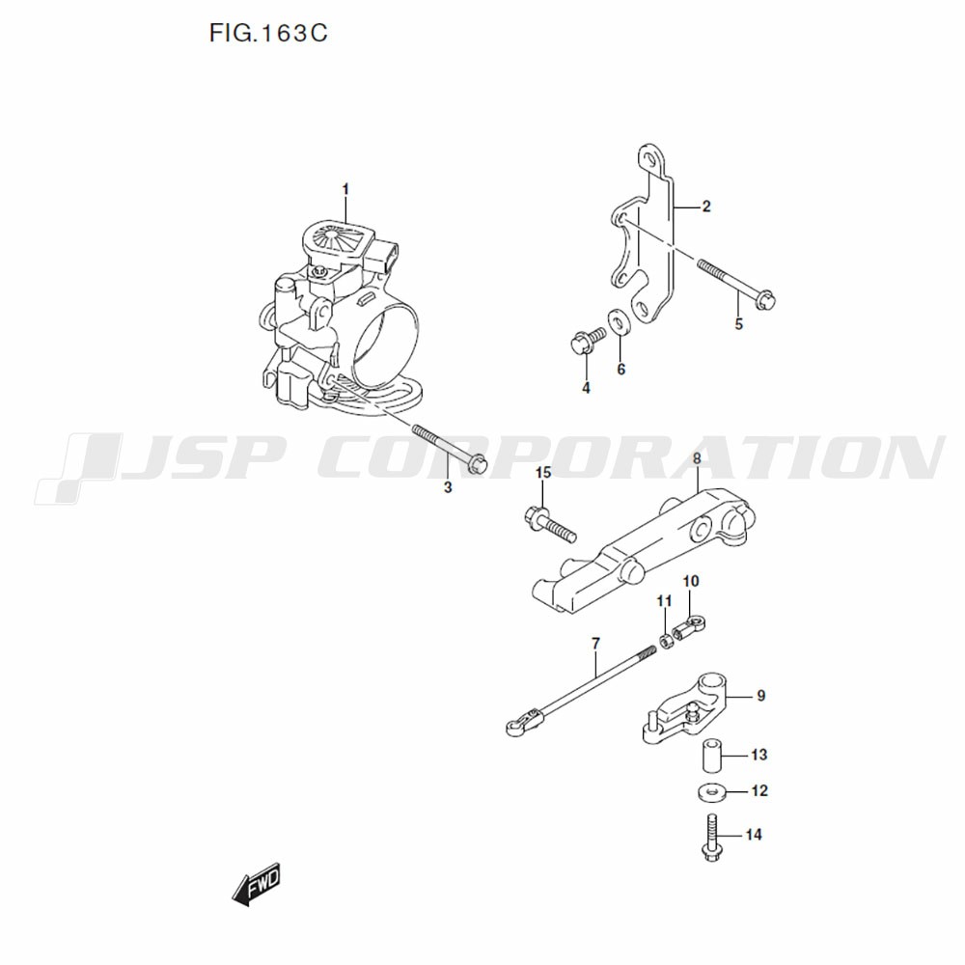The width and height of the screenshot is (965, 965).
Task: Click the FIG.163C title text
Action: (267, 33)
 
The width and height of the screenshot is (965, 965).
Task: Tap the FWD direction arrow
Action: (256, 884)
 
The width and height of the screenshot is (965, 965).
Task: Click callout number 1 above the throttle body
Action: (345, 189)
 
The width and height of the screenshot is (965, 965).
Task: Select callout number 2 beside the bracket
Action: (706, 207)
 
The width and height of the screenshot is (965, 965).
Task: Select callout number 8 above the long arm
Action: (697, 458)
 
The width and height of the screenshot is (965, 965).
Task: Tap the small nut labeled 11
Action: (665, 642)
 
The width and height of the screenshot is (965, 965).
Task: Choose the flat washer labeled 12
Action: (711, 791)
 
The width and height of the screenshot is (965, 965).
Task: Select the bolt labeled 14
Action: (711, 839)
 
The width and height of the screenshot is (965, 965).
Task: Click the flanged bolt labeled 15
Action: (550, 524)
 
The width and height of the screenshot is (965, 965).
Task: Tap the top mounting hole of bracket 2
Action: (648, 159)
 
